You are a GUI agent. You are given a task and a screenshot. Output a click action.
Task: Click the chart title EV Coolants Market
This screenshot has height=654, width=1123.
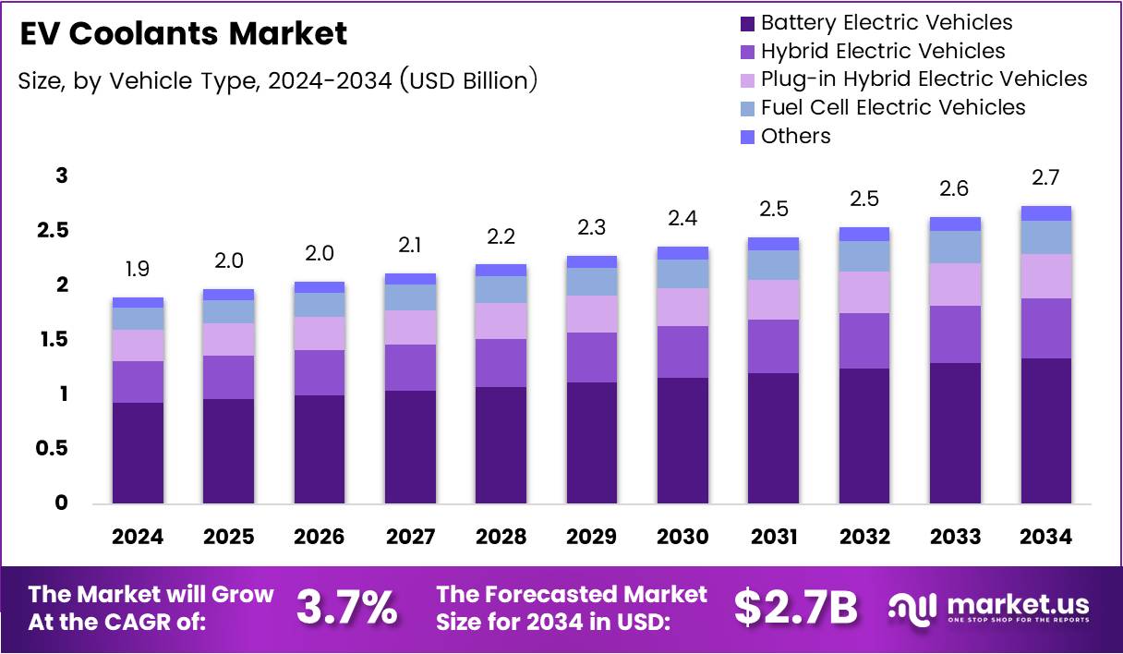[183, 34]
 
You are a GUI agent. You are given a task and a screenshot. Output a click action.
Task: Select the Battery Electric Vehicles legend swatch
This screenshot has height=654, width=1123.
[747, 23]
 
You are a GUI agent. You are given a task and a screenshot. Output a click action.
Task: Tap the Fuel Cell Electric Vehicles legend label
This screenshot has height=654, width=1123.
[893, 107]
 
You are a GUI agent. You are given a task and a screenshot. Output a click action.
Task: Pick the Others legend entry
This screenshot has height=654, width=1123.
[795, 136]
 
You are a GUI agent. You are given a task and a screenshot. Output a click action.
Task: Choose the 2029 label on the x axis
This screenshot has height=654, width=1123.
[592, 537]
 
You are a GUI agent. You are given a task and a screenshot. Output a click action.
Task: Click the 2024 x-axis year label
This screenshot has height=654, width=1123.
[138, 537]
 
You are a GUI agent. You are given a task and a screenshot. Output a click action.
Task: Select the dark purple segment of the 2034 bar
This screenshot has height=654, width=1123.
[1046, 430]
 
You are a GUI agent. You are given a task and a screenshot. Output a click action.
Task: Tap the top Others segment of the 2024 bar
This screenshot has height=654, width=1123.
[138, 302]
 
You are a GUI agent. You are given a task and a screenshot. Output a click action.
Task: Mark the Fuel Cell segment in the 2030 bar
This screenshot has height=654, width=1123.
[682, 273]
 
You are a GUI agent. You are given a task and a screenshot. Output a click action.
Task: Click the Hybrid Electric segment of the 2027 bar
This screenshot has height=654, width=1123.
[410, 368]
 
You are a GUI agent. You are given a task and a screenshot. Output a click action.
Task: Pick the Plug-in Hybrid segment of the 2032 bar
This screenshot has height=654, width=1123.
[864, 292]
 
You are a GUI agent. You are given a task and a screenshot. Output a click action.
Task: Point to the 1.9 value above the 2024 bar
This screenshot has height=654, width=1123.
[138, 270]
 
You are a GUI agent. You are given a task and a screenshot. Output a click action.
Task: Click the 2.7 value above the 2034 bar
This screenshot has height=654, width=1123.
[1046, 177]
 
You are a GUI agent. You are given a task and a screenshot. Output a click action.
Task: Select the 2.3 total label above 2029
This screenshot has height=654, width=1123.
[592, 227]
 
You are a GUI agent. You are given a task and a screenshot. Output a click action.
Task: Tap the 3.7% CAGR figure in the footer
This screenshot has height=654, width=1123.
[346, 607]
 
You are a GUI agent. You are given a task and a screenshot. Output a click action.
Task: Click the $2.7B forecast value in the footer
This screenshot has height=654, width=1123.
[795, 607]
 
